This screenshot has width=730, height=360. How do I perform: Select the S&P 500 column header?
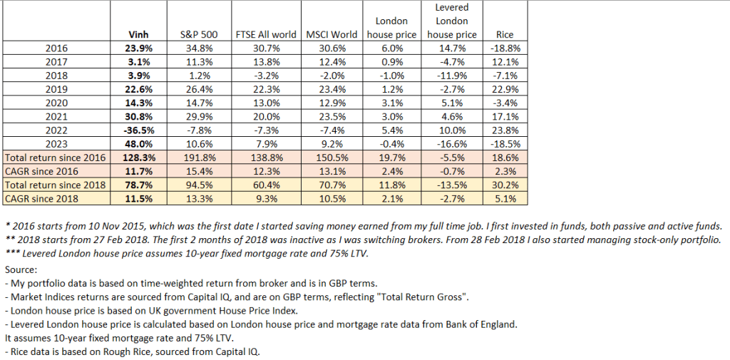tap(193, 34)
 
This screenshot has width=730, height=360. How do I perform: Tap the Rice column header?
tap(504, 34)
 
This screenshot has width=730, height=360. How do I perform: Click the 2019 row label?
tap(56, 89)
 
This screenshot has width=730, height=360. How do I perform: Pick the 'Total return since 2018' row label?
tap(56, 185)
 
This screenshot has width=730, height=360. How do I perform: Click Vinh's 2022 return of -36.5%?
tap(138, 130)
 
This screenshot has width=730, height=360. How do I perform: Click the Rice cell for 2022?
tap(504, 130)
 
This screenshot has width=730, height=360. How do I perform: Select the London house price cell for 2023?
tap(391, 144)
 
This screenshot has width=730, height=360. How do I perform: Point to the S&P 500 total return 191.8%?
tap(193, 158)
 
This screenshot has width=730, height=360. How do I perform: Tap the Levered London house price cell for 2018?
tap(452, 76)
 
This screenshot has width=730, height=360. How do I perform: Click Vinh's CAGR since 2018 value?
tap(138, 198)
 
